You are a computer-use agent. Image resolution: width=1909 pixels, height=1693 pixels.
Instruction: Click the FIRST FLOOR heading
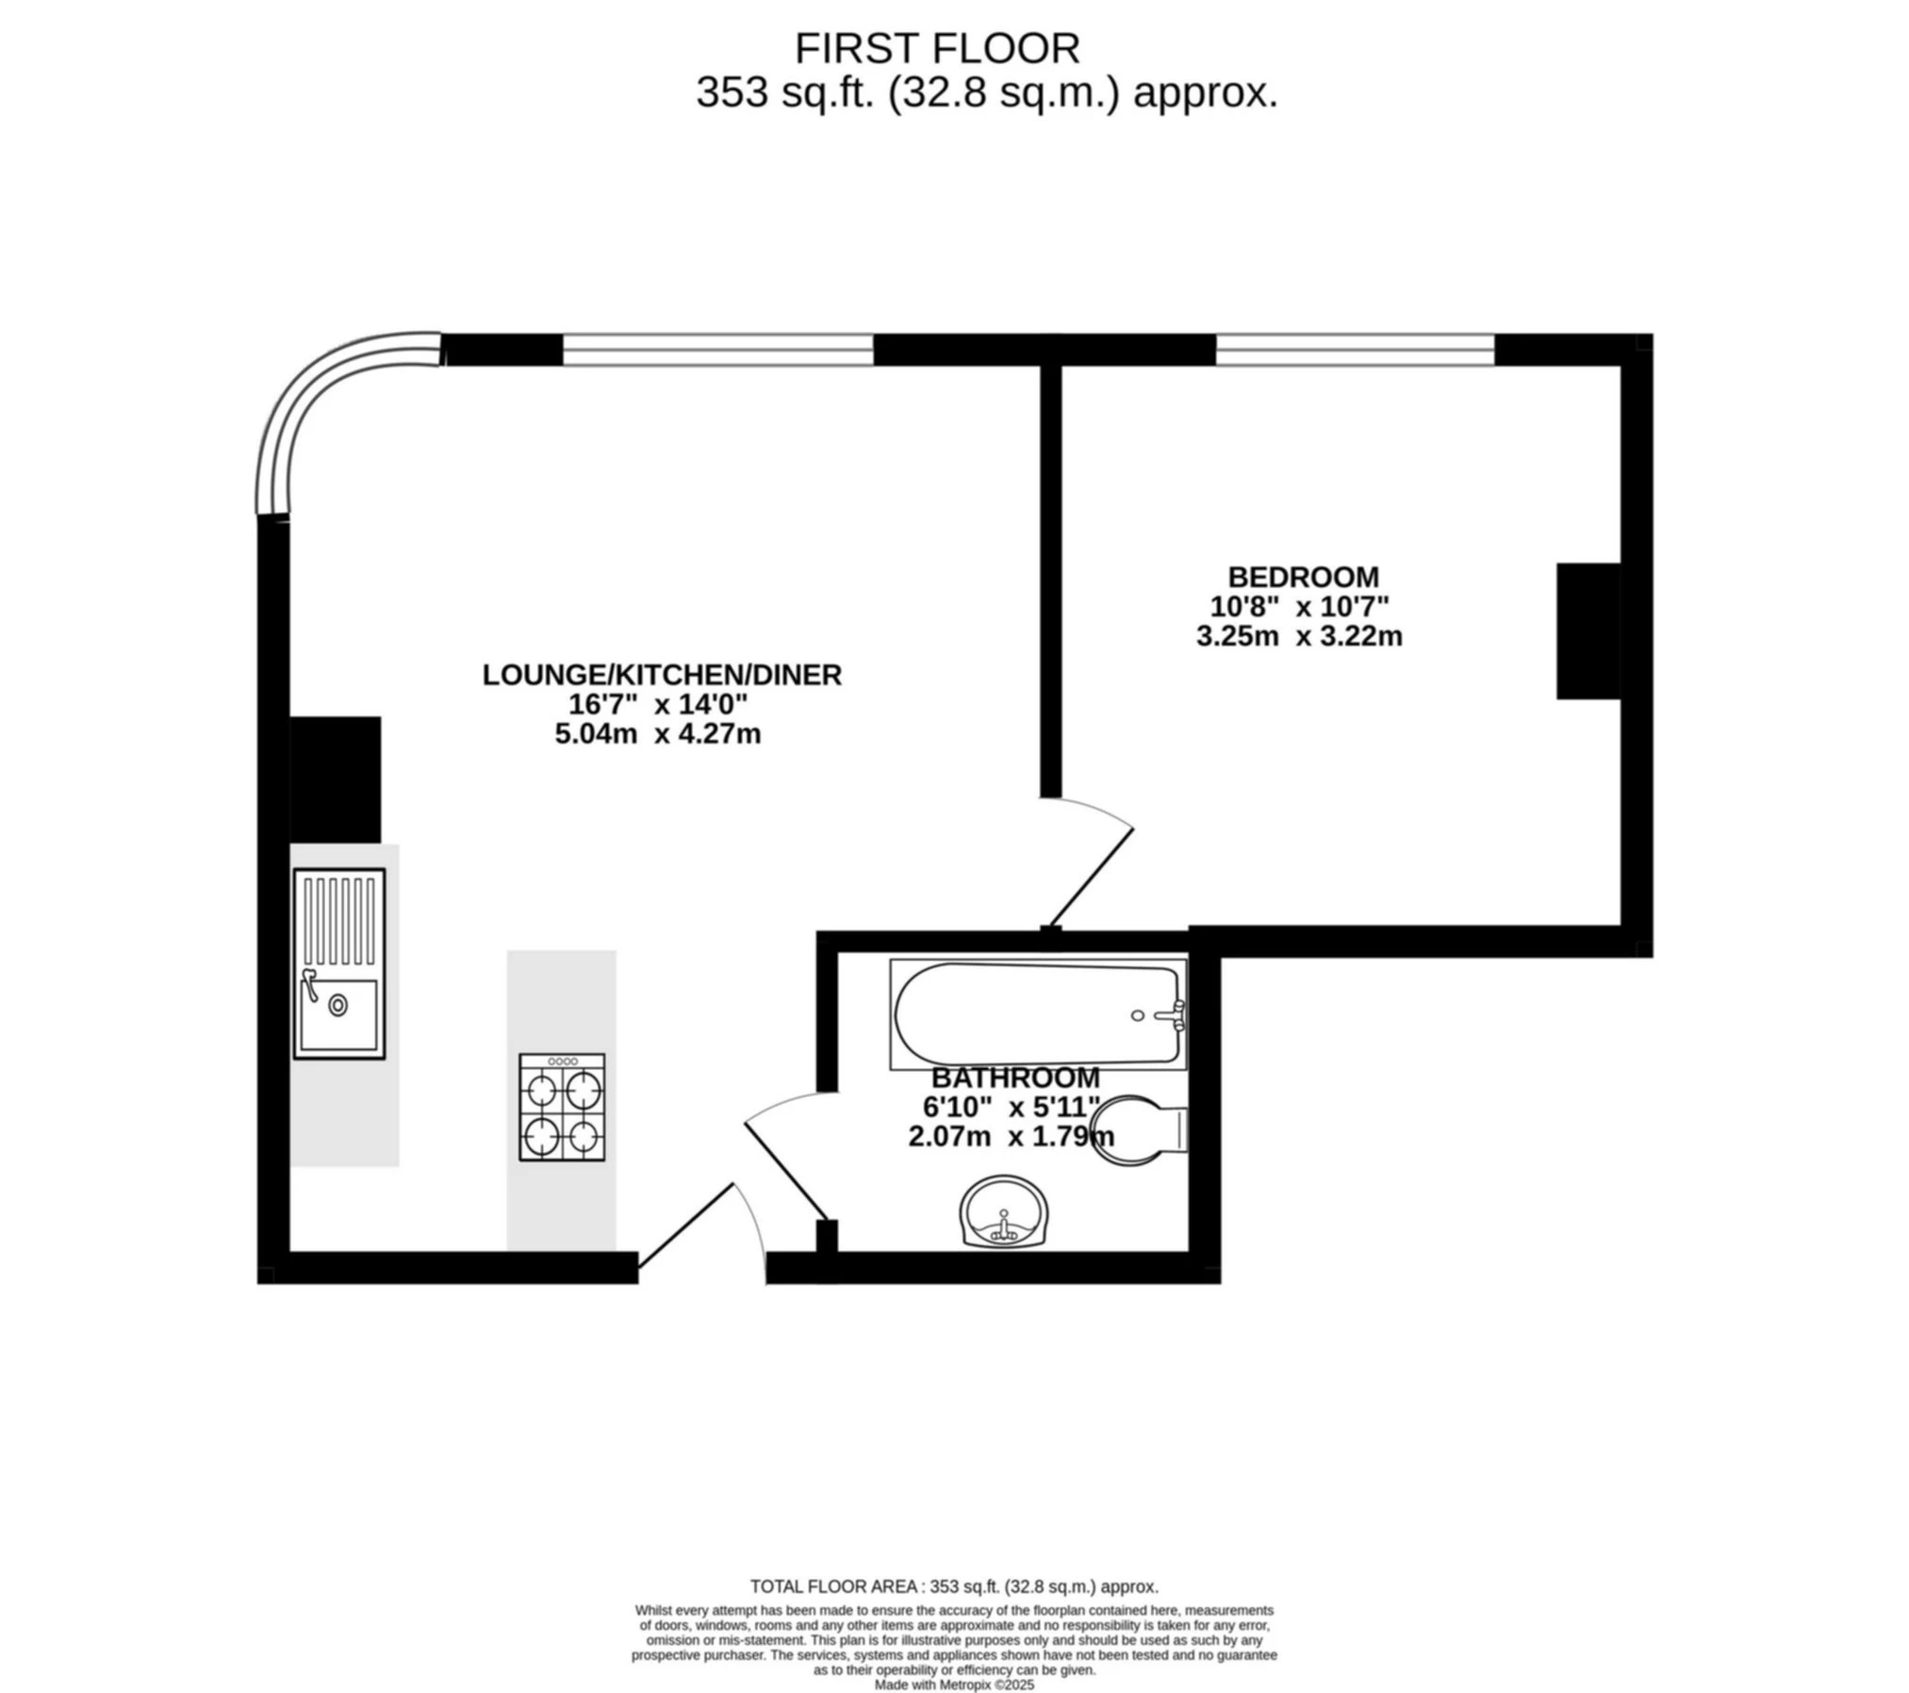(936, 48)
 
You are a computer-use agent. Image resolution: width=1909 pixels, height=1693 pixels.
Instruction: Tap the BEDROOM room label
(1302, 576)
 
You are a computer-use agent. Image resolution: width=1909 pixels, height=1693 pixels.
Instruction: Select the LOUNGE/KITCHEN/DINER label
(661, 675)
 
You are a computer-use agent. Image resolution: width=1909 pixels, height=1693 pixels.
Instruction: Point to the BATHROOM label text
(1015, 1077)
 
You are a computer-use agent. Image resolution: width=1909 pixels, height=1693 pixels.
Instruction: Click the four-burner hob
(562, 1107)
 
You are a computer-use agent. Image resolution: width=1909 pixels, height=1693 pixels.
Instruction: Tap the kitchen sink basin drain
(337, 1006)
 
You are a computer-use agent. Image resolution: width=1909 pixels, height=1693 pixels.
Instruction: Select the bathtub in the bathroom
(1037, 1014)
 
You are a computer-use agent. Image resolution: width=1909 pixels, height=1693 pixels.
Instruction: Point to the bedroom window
(1355, 350)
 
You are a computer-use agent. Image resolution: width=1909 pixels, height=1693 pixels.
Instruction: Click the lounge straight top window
(718, 350)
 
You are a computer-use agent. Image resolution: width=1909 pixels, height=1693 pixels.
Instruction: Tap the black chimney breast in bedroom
(1588, 632)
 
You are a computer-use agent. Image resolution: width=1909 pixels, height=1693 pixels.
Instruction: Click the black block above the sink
(335, 780)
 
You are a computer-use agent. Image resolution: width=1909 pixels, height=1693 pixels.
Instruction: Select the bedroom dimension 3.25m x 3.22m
(1299, 636)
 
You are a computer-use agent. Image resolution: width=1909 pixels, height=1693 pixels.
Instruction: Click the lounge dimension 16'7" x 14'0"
(657, 704)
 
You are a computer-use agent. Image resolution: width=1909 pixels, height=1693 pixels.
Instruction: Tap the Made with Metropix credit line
(954, 1685)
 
